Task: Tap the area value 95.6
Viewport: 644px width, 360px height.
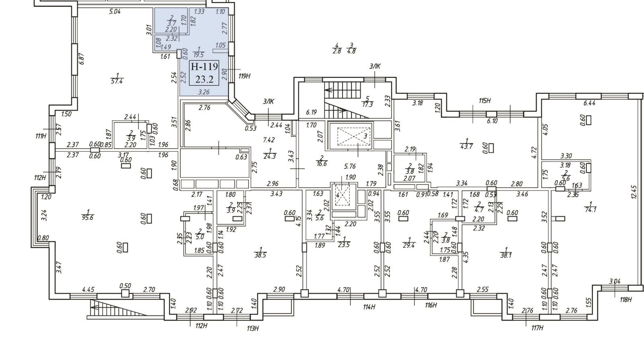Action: [x=88, y=218]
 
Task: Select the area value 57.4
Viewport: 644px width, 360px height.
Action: [x=117, y=81]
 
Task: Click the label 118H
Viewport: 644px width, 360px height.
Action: [x=625, y=299]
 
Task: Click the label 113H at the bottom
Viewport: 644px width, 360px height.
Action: [x=252, y=329]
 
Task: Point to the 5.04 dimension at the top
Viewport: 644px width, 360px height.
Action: [x=115, y=12]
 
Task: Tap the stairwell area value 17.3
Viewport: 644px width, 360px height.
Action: [x=367, y=104]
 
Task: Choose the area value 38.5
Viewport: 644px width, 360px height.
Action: [x=260, y=255]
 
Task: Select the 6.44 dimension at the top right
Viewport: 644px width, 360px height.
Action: [x=589, y=103]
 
